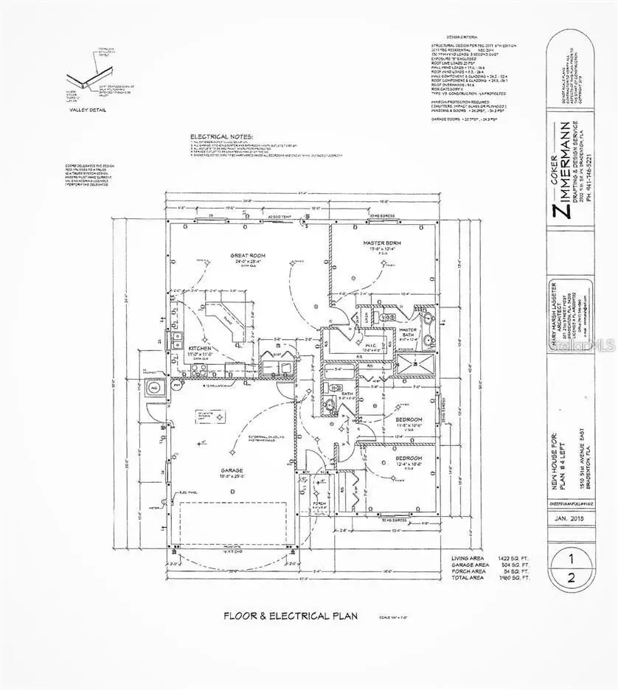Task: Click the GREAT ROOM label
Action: point(247,256)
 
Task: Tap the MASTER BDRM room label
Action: point(381,243)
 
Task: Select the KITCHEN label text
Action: point(201,347)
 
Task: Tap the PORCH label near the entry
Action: point(319,504)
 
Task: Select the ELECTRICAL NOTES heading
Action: point(221,137)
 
